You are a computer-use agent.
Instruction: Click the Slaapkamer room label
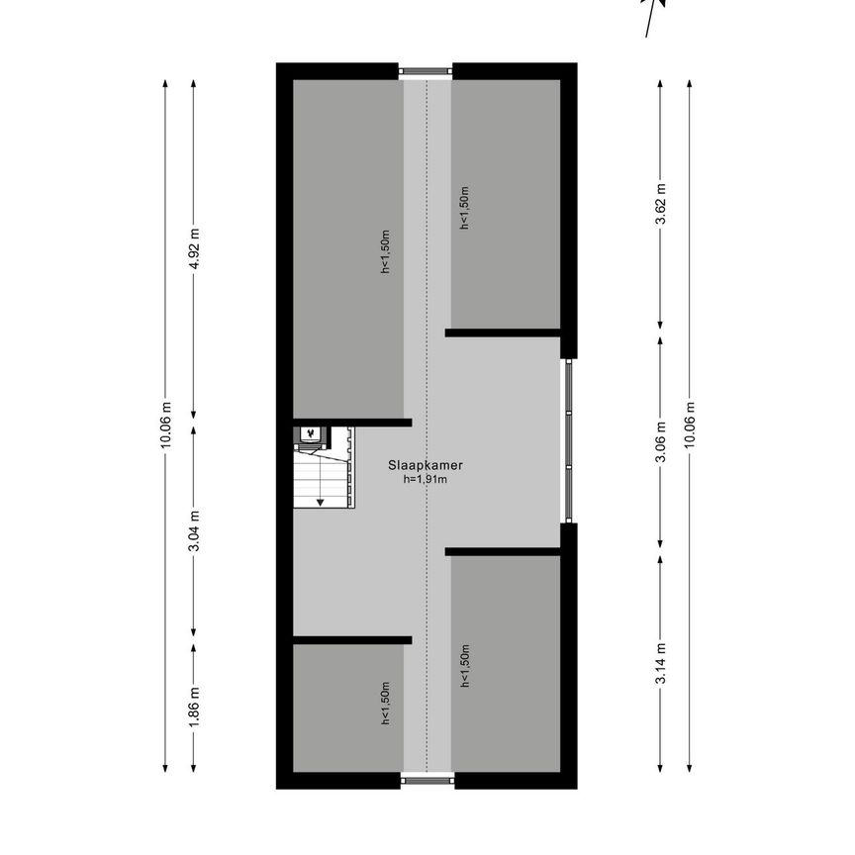pyautogui.click(x=427, y=464)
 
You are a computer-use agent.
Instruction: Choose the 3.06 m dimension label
pyautogui.click(x=660, y=441)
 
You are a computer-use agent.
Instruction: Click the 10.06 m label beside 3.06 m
pyautogui.click(x=689, y=426)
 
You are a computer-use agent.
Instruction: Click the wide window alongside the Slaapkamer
pyautogui.click(x=567, y=440)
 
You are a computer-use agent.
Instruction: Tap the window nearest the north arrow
pyautogui.click(x=427, y=70)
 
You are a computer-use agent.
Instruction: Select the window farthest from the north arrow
pyautogui.click(x=427, y=781)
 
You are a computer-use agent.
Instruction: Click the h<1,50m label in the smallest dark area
pyautogui.click(x=385, y=704)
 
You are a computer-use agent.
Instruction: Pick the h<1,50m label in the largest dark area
pyautogui.click(x=385, y=251)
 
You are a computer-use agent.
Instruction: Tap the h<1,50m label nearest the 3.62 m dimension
pyautogui.click(x=463, y=208)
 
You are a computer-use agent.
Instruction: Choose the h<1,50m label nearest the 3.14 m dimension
pyautogui.click(x=463, y=665)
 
